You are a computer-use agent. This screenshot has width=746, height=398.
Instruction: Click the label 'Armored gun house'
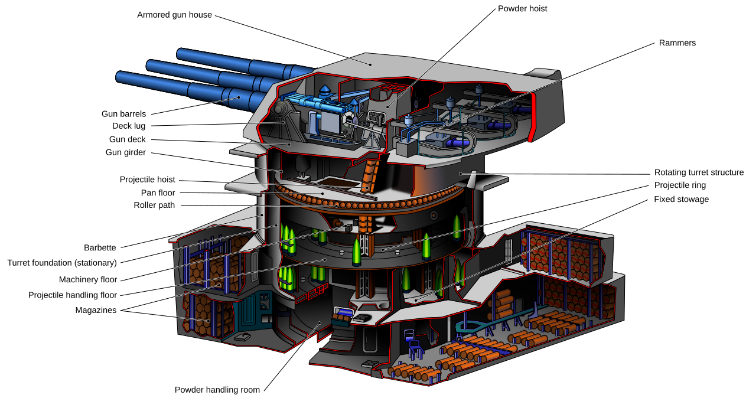click(x=174, y=15)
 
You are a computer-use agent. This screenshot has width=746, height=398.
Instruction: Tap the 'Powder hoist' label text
click(x=522, y=9)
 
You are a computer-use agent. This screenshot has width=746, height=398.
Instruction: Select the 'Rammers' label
click(x=677, y=43)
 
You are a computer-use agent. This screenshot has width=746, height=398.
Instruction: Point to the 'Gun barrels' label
click(x=123, y=114)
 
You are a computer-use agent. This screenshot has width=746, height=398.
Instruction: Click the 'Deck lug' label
click(x=128, y=126)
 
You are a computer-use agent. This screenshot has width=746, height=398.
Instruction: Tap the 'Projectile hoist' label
click(x=147, y=180)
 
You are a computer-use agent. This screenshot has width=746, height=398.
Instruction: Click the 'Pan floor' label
click(x=158, y=193)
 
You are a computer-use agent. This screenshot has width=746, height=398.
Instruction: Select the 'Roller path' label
click(x=154, y=205)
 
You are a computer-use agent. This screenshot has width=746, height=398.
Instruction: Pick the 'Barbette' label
click(x=100, y=248)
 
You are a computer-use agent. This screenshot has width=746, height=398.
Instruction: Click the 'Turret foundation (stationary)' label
click(x=61, y=263)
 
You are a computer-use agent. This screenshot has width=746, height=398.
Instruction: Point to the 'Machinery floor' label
click(x=88, y=279)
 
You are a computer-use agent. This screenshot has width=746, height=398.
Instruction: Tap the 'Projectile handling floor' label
click(x=73, y=295)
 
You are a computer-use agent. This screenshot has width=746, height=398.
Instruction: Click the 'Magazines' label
click(x=96, y=310)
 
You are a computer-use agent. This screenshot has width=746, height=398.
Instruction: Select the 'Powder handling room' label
click(x=217, y=390)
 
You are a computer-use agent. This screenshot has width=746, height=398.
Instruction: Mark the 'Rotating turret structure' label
click(x=699, y=173)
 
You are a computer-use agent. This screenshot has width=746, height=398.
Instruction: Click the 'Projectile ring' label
click(x=679, y=185)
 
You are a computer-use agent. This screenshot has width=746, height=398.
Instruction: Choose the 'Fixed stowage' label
click(x=681, y=200)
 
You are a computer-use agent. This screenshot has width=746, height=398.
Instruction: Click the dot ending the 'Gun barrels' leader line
click(x=239, y=97)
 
